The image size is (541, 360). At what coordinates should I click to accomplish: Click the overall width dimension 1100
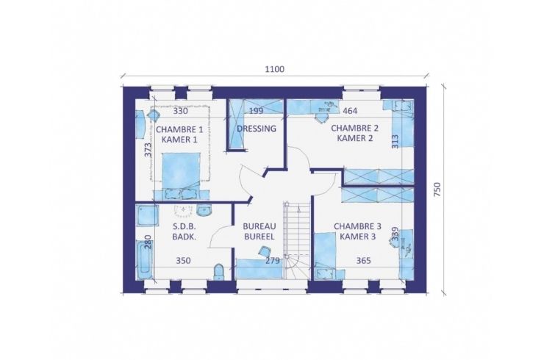click(275, 69)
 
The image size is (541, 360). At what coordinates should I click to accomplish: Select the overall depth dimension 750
click(437, 190)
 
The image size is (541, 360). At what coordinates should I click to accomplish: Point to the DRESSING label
click(257, 129)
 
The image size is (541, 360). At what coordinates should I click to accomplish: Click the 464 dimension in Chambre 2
click(350, 111)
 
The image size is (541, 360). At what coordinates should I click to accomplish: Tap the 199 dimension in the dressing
click(256, 111)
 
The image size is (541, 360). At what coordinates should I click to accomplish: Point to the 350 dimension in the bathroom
click(183, 261)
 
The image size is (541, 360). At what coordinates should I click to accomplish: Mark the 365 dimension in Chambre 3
click(364, 261)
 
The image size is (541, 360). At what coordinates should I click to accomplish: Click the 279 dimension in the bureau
click(273, 261)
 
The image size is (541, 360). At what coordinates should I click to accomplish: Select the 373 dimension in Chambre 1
click(148, 151)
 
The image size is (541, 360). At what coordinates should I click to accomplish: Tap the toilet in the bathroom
click(219, 272)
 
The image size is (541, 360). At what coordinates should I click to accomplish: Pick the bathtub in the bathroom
click(144, 260)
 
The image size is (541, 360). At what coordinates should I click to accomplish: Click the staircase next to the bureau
click(296, 241)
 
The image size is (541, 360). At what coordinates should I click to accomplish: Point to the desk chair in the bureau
click(264, 251)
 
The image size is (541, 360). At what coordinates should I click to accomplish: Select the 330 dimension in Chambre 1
click(180, 111)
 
